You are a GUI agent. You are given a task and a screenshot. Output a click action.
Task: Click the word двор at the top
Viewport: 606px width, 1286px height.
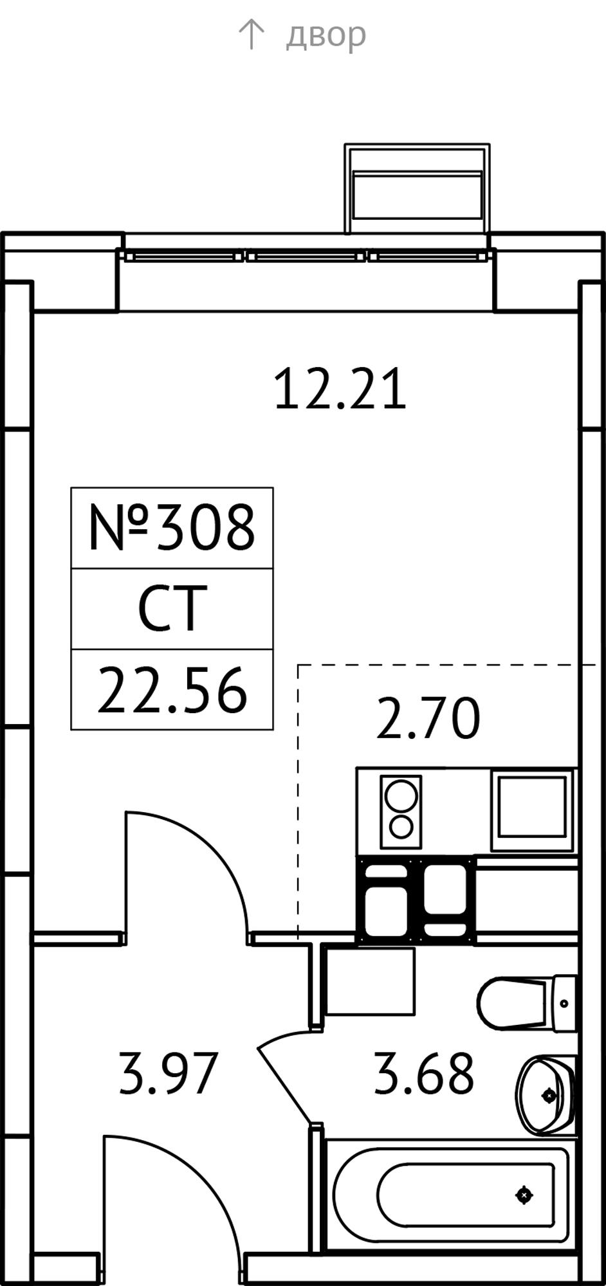tap(326, 35)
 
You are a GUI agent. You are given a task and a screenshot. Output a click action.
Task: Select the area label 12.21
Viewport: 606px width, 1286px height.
tap(340, 389)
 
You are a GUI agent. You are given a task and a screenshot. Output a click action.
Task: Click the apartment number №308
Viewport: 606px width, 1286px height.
tap(172, 527)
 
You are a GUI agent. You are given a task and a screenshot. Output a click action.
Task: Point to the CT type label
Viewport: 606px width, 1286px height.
tap(172, 608)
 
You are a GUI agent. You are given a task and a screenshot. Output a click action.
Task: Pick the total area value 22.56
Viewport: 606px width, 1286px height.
tap(172, 691)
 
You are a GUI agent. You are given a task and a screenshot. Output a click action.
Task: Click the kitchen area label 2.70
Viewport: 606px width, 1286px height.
tap(428, 718)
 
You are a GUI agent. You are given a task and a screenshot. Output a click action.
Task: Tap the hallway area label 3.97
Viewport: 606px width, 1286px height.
tap(169, 1073)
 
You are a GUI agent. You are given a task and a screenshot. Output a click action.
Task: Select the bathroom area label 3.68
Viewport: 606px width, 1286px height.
tap(424, 1073)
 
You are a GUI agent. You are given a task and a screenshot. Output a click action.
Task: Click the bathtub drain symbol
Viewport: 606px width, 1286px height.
tap(524, 1195)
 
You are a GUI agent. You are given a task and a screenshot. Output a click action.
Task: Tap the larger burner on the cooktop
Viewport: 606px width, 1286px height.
tap(401, 795)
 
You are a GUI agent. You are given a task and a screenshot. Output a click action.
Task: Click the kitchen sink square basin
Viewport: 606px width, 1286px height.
tap(532, 811)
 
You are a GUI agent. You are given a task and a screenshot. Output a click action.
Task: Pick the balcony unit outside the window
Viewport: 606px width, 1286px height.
tap(417, 188)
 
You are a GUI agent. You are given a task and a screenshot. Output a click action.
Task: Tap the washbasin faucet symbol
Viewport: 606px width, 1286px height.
tap(549, 1095)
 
